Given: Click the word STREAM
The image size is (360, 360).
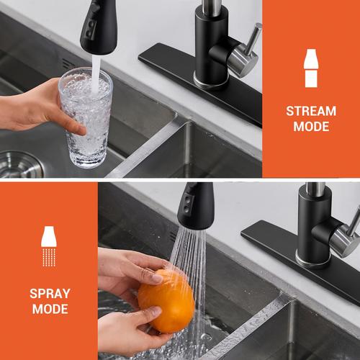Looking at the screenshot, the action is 311,111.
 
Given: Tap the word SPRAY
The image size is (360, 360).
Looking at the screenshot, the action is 50,294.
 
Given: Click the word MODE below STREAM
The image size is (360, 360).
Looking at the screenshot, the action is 311,127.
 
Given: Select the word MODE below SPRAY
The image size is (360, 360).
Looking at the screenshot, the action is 50,309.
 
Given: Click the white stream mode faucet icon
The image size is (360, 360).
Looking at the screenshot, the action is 311,68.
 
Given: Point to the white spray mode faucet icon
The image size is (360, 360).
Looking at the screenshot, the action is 49,246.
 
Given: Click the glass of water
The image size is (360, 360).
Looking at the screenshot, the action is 86,117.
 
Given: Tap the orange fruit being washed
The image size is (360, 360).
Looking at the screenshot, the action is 166,301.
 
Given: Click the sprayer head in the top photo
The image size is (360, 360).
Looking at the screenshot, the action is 99,27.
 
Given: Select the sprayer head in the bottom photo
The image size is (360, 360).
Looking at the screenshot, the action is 196,206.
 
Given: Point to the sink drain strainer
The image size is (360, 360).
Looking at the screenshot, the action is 20,164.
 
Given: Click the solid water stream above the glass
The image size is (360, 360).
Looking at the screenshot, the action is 96,73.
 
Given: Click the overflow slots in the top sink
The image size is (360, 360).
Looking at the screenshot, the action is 69,64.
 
